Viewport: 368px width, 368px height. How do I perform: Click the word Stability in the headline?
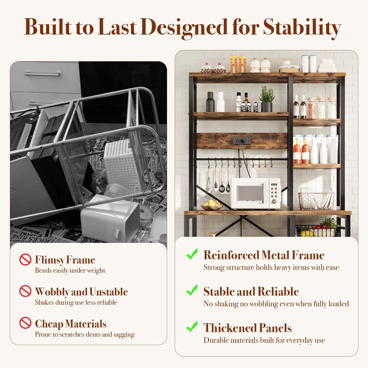(302, 28)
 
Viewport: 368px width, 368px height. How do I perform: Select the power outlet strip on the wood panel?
(242, 140)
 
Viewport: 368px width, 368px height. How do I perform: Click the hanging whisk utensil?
(209, 182)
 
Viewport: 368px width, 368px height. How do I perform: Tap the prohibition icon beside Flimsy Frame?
(25, 260)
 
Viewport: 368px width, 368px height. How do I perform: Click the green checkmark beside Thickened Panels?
(192, 326)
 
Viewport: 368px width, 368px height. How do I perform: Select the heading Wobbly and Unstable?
(81, 292)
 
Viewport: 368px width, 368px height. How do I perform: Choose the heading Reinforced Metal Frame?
(264, 255)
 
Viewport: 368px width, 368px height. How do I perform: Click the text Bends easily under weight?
(70, 270)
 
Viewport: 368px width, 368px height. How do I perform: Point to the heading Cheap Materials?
(71, 324)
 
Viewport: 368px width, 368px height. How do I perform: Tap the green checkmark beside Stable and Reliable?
(192, 290)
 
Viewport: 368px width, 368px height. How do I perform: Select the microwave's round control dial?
(274, 202)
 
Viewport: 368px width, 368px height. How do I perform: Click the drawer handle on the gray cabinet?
(42, 74)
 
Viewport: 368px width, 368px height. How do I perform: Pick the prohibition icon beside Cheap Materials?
(25, 323)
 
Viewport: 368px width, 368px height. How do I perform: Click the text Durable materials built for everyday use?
(264, 340)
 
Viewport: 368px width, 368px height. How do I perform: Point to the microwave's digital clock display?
(274, 184)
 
